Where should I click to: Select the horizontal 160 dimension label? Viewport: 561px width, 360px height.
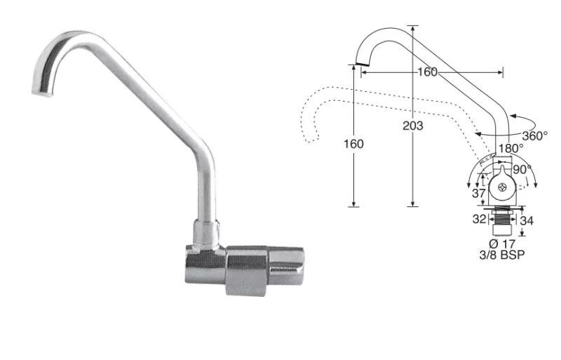pos(426,72)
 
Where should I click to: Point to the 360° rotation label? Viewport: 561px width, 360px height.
pos(535,136)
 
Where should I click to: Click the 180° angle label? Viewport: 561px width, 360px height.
pos(511,149)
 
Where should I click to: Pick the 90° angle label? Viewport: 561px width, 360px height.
pos(523,170)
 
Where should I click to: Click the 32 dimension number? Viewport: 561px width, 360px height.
pos(479,218)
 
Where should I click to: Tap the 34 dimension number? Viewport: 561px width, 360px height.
pos(526,220)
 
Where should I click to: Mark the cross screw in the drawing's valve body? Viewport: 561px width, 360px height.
pos(502,187)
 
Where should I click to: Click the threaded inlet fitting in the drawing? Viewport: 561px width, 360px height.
pos(501,223)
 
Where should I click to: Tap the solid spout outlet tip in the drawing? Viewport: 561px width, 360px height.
pos(362,65)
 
